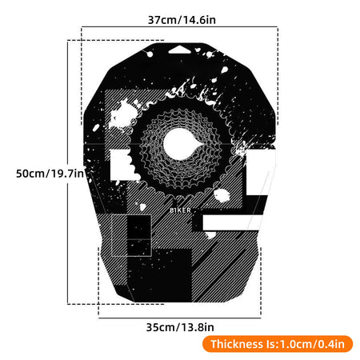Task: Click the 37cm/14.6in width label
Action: pos(180,18)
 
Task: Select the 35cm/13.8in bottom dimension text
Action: pos(180,326)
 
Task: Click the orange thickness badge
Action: pos(277,344)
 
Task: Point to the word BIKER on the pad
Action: pos(181,211)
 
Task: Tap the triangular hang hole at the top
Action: pos(181,49)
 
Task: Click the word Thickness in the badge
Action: pos(236,344)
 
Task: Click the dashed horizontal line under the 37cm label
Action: pos(180,29)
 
